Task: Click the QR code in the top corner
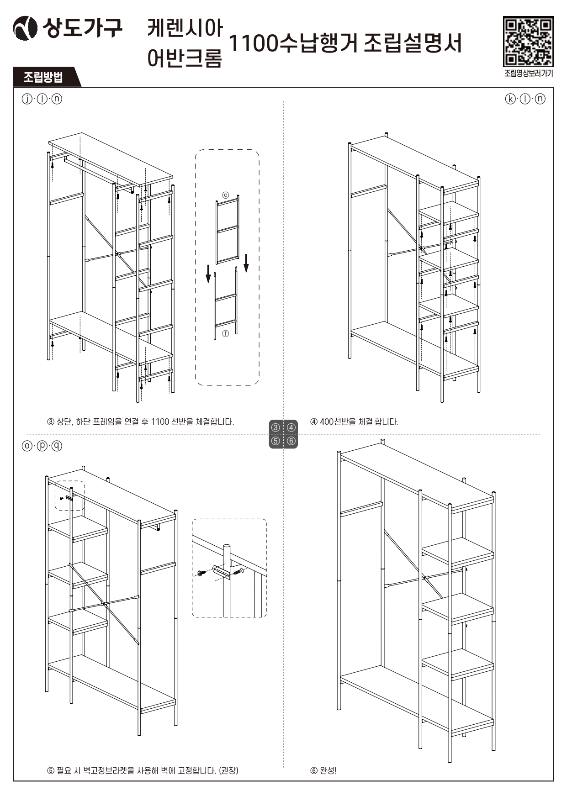528,42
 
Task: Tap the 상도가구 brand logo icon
25,28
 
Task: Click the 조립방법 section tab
43,77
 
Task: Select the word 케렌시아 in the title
185,28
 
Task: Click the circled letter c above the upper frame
225,195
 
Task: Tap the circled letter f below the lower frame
225,334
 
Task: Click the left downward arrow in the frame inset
208,273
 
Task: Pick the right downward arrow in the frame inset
246,263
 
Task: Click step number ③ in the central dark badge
276,428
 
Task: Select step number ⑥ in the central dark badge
291,441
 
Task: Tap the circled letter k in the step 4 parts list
510,99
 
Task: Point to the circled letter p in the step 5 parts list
42,446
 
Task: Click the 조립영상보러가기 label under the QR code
528,74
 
